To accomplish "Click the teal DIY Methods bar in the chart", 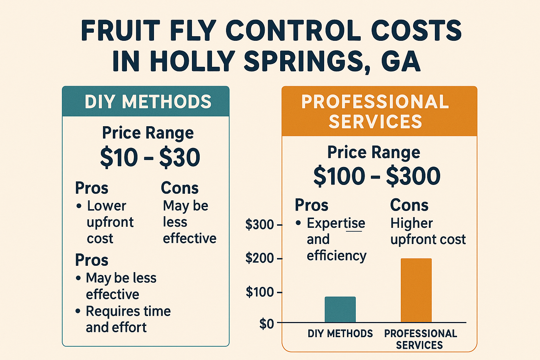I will tap(340, 309).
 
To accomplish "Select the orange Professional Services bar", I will tap(416, 290).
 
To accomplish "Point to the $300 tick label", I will tap(259, 225).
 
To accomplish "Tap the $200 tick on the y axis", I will tap(259, 258).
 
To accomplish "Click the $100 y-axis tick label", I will tap(259, 292).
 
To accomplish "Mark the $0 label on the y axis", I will tap(266, 324).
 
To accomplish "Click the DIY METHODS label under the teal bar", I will tap(340, 333).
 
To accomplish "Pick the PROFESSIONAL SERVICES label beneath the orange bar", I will tap(420, 339).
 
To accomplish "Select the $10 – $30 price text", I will tap(150, 157).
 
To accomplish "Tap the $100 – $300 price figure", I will tap(377, 176).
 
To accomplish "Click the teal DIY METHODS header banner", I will tap(146, 102).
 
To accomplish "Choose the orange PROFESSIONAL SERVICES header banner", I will tap(379, 111).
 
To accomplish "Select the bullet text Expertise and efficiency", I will tap(336, 239).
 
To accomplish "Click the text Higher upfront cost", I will tap(427, 231).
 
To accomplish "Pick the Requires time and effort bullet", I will tap(128, 319).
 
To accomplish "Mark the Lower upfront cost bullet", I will tap(110, 222).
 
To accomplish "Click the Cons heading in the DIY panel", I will tap(180, 188).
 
